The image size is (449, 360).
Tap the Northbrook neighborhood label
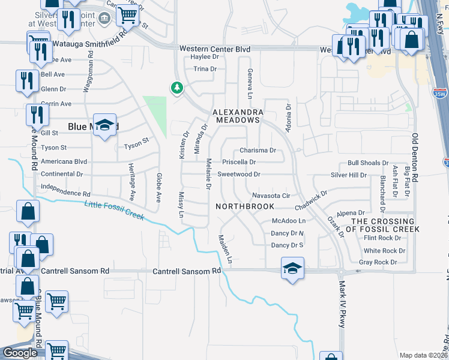pos(245,206)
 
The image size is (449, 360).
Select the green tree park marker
pos(176,89)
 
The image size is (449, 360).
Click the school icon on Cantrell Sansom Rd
pos(292,268)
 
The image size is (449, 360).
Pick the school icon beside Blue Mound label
pos(105,125)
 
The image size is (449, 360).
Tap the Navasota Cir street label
pos(271,196)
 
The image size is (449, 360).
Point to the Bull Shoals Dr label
pos(368,163)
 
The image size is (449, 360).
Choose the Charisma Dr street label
pos(258,151)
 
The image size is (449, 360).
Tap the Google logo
pos(19,353)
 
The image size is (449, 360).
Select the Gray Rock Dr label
pos(378,262)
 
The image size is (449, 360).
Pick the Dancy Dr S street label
pos(288,245)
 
